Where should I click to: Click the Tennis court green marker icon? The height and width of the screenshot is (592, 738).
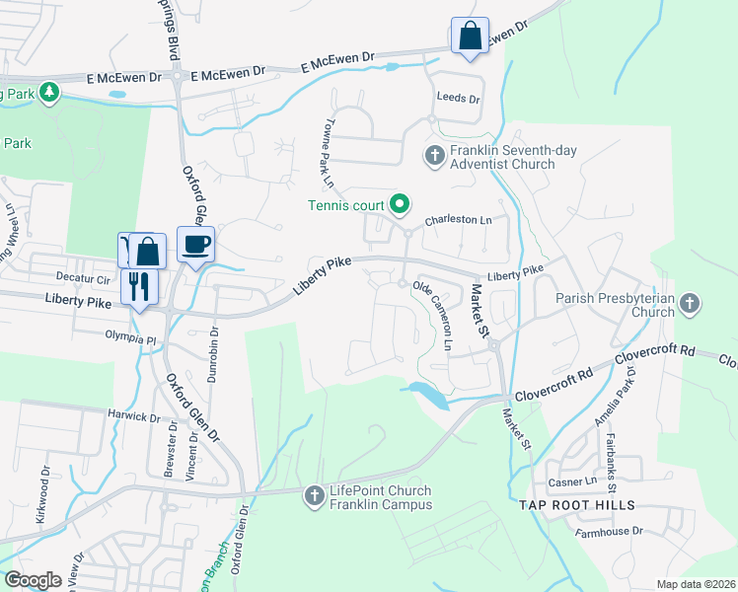point(400,204)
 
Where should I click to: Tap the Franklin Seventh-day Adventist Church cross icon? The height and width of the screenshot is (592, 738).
point(434,155)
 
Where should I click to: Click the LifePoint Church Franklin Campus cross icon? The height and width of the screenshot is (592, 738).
point(314,496)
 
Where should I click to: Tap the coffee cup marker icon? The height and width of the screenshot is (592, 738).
point(195,244)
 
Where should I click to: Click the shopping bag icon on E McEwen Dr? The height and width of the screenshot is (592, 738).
point(470,37)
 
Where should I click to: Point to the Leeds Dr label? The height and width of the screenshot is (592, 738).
point(459,100)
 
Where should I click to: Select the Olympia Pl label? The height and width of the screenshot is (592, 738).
point(131,338)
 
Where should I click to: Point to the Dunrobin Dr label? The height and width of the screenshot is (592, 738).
point(211,353)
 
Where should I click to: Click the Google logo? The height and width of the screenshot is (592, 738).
point(34,579)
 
